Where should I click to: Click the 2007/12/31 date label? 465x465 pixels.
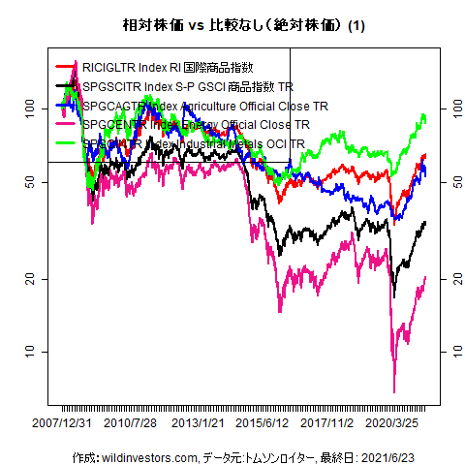pyautogui.click(x=63, y=423)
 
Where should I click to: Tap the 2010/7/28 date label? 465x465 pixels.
pyautogui.click(x=131, y=423)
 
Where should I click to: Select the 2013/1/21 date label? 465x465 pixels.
pyautogui.click(x=199, y=423)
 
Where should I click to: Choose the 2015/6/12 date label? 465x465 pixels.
pyautogui.click(x=263, y=423)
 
